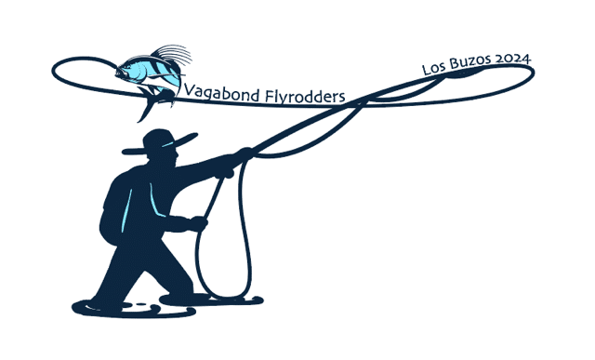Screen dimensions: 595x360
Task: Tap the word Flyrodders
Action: click(x=305, y=96)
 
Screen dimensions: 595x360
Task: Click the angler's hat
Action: click(x=159, y=143)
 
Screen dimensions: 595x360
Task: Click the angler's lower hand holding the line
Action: click(x=199, y=223)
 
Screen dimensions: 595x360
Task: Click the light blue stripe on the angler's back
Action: click(x=126, y=210)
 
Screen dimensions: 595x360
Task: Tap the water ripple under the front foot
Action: click(x=211, y=300)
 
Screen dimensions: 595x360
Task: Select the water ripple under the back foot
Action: click(x=134, y=309)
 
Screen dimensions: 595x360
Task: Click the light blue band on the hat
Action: click(x=168, y=144)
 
